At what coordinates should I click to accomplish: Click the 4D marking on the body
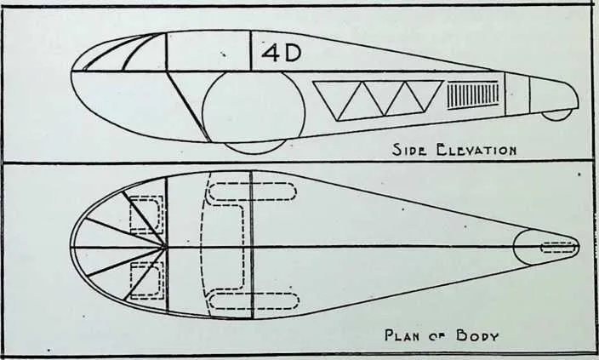(281, 53)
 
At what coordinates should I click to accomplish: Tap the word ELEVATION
(476, 150)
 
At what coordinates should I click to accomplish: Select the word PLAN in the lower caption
(405, 335)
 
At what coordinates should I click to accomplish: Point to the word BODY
(477, 336)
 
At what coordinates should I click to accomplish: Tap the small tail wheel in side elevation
(557, 114)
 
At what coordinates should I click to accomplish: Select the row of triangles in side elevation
(378, 100)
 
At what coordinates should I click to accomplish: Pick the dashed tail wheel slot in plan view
(558, 248)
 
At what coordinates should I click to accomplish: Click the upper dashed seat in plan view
(146, 214)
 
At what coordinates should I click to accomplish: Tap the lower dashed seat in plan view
(146, 281)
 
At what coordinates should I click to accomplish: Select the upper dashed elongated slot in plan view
(252, 191)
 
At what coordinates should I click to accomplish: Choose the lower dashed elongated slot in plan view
(254, 300)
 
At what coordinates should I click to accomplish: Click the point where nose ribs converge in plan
(166, 247)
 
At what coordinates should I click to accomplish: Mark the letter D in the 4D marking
(293, 53)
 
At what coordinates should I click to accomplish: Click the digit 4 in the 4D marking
(271, 53)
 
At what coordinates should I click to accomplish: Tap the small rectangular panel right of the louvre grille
(517, 94)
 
